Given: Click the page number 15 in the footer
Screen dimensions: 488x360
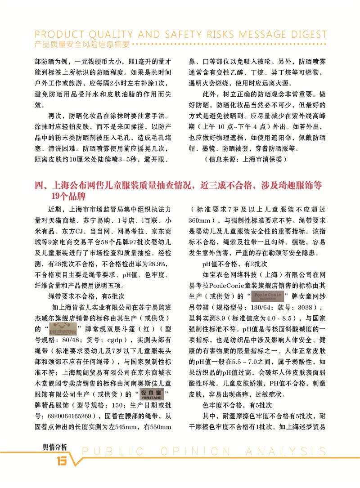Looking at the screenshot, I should (x=61, y=461).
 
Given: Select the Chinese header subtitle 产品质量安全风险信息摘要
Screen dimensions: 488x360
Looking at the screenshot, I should (x=82, y=45).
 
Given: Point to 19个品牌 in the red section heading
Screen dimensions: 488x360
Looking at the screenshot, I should (x=67, y=196).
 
